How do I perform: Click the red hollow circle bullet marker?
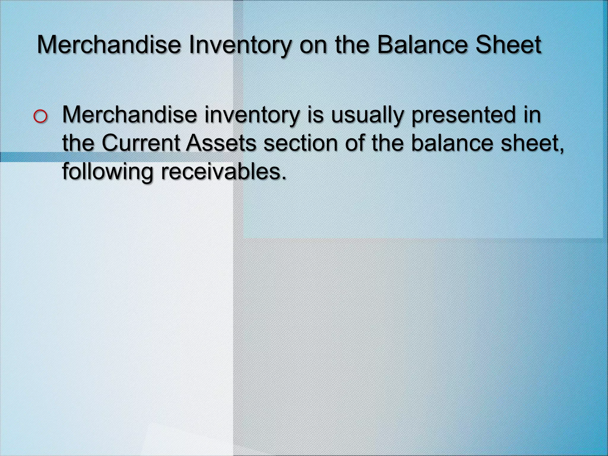[x=40, y=117]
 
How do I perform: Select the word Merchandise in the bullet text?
[x=129, y=115]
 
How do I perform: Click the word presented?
[x=464, y=115]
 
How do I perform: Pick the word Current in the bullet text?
[x=141, y=143]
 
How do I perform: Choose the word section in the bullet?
[x=300, y=143]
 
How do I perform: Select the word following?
[x=107, y=172]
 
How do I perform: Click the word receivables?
[x=224, y=171]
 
